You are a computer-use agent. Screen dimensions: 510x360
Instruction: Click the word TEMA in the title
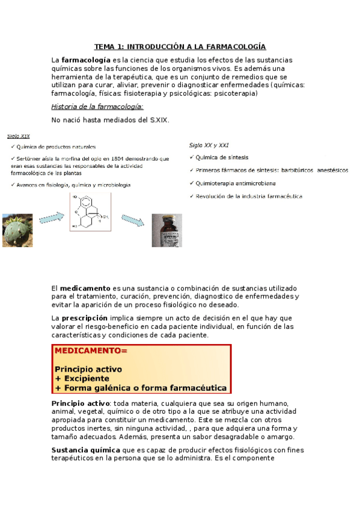104,47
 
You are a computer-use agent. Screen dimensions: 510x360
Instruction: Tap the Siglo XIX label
18,137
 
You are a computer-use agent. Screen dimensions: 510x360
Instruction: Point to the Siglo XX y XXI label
209,145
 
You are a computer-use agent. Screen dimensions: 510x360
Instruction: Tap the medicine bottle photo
166,230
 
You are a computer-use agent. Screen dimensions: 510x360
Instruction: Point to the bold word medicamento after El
85,289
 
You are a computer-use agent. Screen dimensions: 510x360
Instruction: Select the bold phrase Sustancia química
85,450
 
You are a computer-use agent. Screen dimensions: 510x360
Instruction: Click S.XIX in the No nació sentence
159,120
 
